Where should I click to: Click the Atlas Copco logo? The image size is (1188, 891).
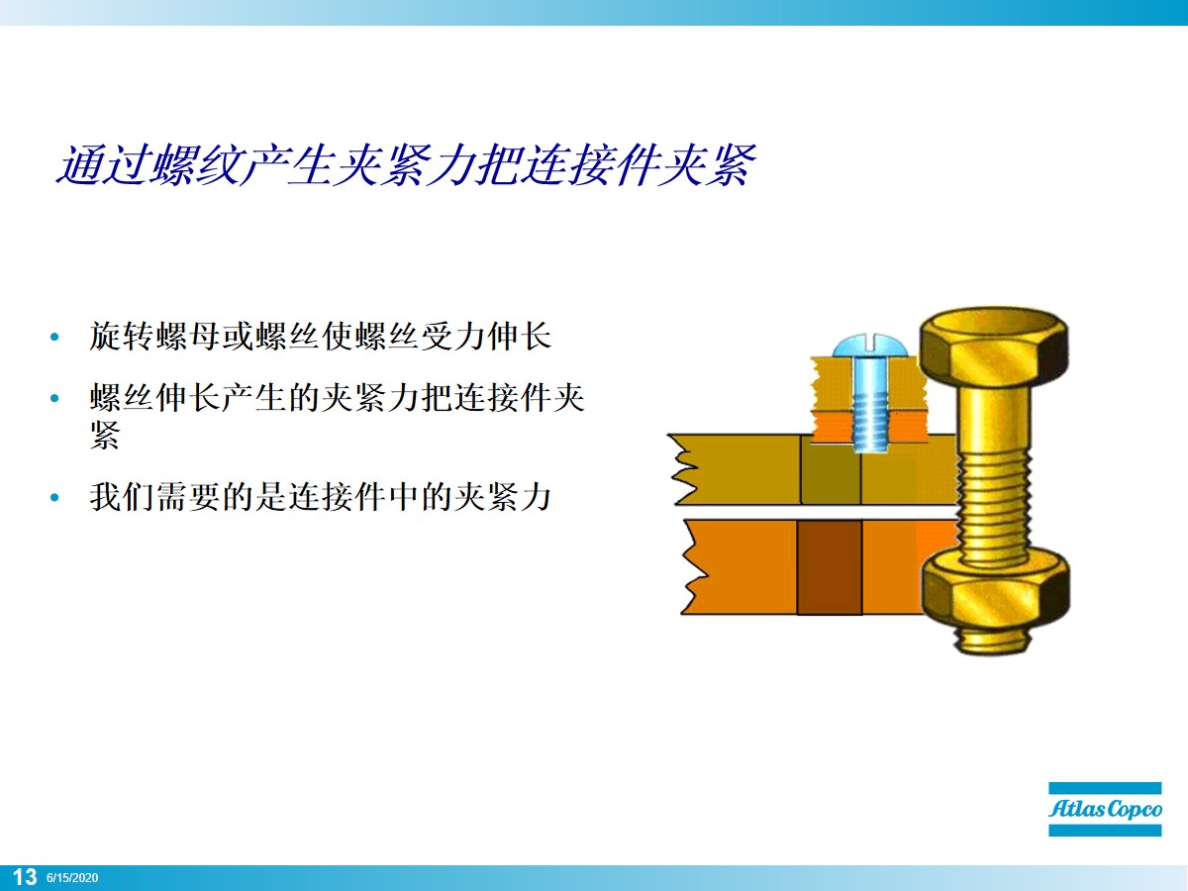click(1106, 809)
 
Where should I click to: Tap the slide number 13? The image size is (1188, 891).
click(24, 877)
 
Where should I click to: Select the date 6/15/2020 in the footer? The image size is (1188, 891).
click(72, 878)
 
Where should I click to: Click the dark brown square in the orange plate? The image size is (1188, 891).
click(829, 567)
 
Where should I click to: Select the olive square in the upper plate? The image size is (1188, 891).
click(830, 478)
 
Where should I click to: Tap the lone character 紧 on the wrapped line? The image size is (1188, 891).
click(104, 435)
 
